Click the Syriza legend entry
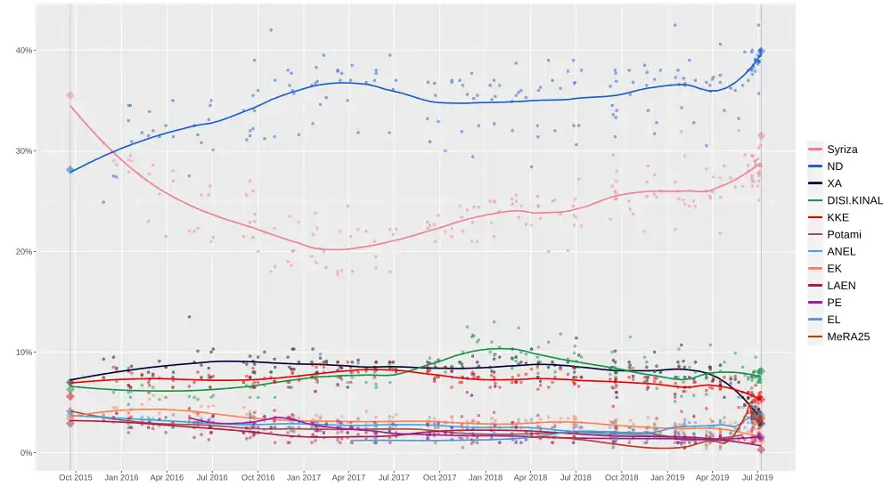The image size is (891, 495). point(842,150)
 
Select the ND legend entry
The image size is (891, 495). point(835,166)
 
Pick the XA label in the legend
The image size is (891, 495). point(835,183)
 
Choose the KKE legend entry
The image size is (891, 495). point(838,217)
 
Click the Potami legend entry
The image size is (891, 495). point(844,234)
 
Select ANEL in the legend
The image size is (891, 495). point(841,251)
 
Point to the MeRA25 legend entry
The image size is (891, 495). point(847,337)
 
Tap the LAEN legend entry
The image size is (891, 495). point(841,286)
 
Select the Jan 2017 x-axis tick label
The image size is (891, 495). point(304,478)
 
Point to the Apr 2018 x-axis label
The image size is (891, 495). point(531,478)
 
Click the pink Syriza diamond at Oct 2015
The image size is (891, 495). point(70,95)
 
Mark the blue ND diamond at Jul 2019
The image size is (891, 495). point(761,52)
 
